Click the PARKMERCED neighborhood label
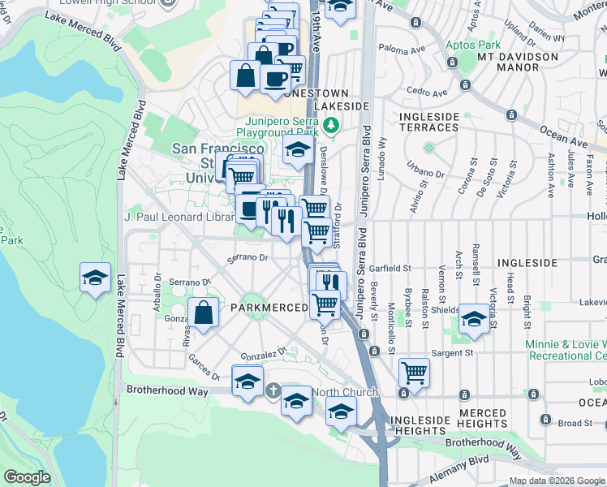tap(269, 308)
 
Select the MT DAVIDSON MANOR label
tap(519, 62)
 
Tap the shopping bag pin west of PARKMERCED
tap(203, 312)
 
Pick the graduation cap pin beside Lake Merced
tap(96, 278)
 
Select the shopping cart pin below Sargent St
tap(414, 373)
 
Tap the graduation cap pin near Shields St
tap(474, 319)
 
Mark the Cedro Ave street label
tap(428, 93)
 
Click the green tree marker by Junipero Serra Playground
tap(330, 125)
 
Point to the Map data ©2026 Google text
tap(557, 481)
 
